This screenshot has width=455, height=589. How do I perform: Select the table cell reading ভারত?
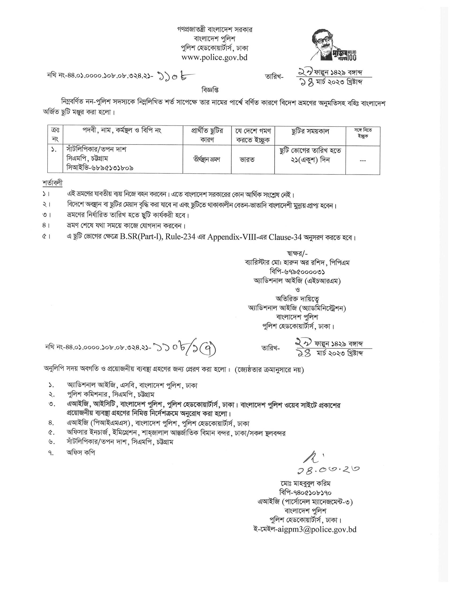[x=247, y=160]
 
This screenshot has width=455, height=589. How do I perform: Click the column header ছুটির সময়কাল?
[x=310, y=132]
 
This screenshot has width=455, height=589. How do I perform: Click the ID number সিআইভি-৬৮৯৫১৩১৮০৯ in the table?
[x=100, y=168]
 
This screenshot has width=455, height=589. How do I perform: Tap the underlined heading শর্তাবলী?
[x=52, y=183]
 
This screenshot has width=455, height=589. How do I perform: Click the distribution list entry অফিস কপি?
[x=81, y=453]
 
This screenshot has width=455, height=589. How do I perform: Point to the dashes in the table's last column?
[x=363, y=161]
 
